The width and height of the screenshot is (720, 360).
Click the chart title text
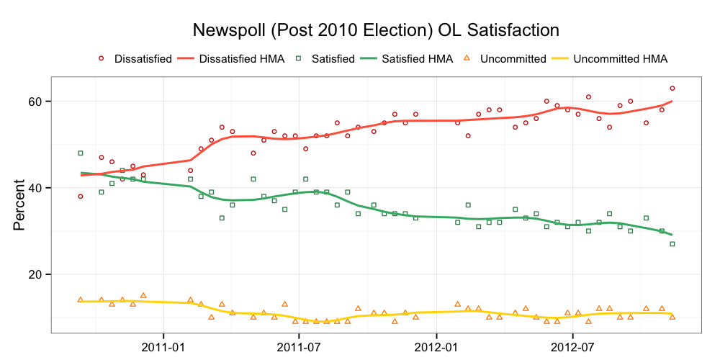click(x=375, y=30)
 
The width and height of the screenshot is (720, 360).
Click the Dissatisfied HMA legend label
click(x=241, y=59)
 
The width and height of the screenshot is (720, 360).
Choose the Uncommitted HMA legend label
click(x=620, y=59)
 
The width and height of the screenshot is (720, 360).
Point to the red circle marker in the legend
click(x=102, y=58)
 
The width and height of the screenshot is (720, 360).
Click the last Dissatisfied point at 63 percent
click(x=672, y=89)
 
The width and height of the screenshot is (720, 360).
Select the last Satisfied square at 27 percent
click(x=672, y=244)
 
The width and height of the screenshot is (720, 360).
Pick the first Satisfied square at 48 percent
click(x=81, y=153)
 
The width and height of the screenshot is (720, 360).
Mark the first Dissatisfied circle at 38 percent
click(x=81, y=197)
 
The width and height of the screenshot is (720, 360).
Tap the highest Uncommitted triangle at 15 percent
click(x=143, y=295)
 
